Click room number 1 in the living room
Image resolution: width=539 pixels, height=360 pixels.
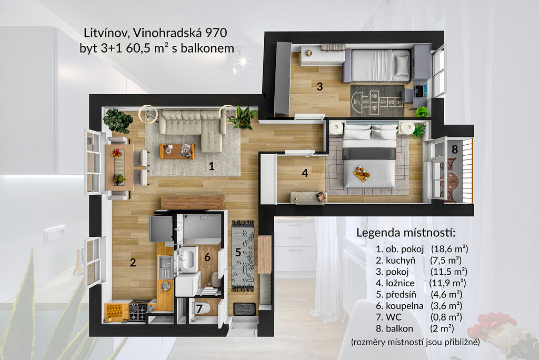(212, 166)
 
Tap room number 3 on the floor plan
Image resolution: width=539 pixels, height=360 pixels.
(320, 86)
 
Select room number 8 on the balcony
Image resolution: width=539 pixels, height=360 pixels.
(455, 149)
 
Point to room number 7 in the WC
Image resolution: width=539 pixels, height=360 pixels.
(199, 308)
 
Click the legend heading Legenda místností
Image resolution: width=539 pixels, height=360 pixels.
(406, 233)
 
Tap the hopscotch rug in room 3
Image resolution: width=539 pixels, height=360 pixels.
(377, 101)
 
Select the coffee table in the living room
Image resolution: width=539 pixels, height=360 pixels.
(177, 151)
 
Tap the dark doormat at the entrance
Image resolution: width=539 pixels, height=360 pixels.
(244, 309)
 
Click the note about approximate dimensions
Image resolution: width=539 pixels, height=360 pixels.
(415, 342)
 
